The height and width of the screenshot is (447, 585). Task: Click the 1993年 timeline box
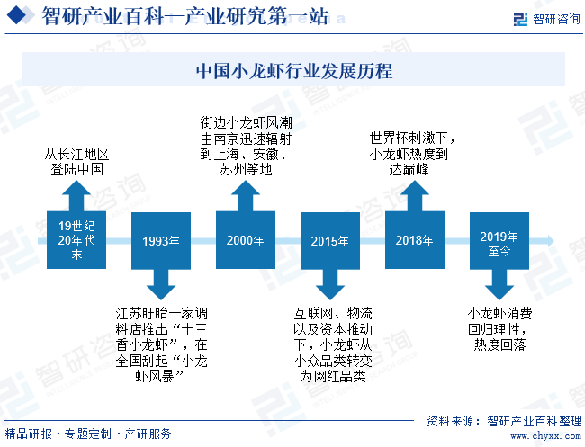click(x=161, y=240)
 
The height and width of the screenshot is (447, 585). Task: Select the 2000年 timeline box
click(x=246, y=240)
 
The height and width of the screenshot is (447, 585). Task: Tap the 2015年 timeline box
click(x=330, y=240)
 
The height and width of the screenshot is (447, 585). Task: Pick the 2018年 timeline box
click(x=414, y=240)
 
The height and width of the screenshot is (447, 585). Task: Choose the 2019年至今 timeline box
click(x=499, y=240)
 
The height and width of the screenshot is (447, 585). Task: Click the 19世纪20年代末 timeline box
click(x=76, y=240)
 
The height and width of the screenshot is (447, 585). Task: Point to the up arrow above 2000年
click(x=246, y=194)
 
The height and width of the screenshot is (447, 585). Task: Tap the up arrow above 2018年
click(x=414, y=194)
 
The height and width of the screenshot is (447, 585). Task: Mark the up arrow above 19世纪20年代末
click(x=76, y=194)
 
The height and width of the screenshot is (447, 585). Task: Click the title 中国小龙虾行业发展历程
click(x=293, y=69)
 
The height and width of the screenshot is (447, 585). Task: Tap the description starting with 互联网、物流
click(x=330, y=344)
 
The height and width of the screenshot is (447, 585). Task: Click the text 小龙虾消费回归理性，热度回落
click(x=499, y=329)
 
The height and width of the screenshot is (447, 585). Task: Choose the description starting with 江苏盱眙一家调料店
click(x=161, y=344)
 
